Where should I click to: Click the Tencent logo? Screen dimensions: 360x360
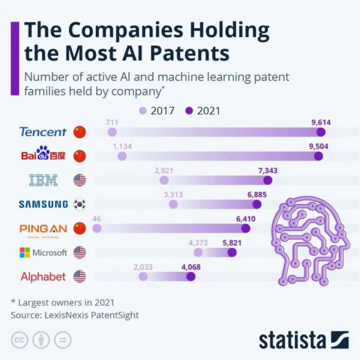tap(43, 132)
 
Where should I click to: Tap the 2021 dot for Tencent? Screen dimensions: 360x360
tap(321, 132)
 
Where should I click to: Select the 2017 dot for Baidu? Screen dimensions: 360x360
tap(122, 156)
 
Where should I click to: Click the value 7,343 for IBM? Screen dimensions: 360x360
tap(268, 171)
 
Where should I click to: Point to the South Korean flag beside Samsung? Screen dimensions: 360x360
tap(79, 204)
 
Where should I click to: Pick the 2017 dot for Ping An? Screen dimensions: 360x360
tap(97, 228)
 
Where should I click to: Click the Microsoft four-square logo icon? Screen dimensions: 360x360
tap(25, 252)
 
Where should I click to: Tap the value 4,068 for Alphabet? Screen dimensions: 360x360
tap(191, 267)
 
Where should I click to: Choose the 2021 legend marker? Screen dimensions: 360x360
tap(189, 111)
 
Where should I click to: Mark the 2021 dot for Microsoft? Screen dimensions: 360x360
tap(232, 252)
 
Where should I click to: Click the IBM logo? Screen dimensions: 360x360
tap(43, 180)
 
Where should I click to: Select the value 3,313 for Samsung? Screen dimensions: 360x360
tap(173, 195)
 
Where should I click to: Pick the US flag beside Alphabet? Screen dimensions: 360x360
tap(79, 276)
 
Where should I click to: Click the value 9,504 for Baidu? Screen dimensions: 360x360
tap(318, 147)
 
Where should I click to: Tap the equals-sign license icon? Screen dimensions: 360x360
tap(63, 340)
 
